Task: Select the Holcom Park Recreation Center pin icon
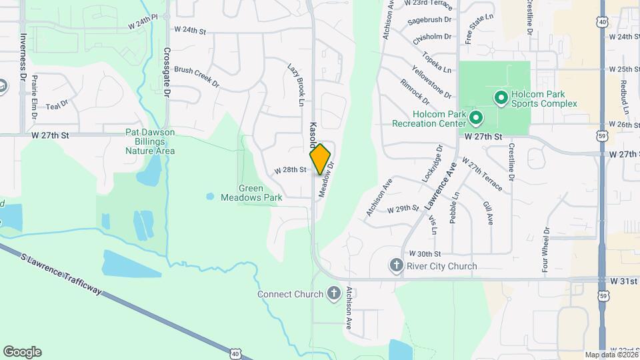[x=475, y=119]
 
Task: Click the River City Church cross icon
[x=396, y=266]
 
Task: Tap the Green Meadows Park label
[x=261, y=193]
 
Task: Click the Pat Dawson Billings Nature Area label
[x=150, y=141]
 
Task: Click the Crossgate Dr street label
[x=167, y=73]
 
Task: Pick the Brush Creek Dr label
[x=197, y=77]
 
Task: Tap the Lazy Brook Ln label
[x=295, y=85]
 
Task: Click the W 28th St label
[x=290, y=171]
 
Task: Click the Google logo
[x=22, y=352]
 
